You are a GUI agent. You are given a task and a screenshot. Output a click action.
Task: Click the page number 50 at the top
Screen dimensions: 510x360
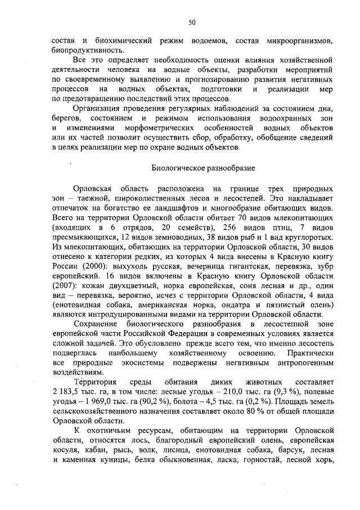point(192,23)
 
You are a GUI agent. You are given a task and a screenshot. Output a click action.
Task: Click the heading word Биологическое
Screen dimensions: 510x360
point(178,168)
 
